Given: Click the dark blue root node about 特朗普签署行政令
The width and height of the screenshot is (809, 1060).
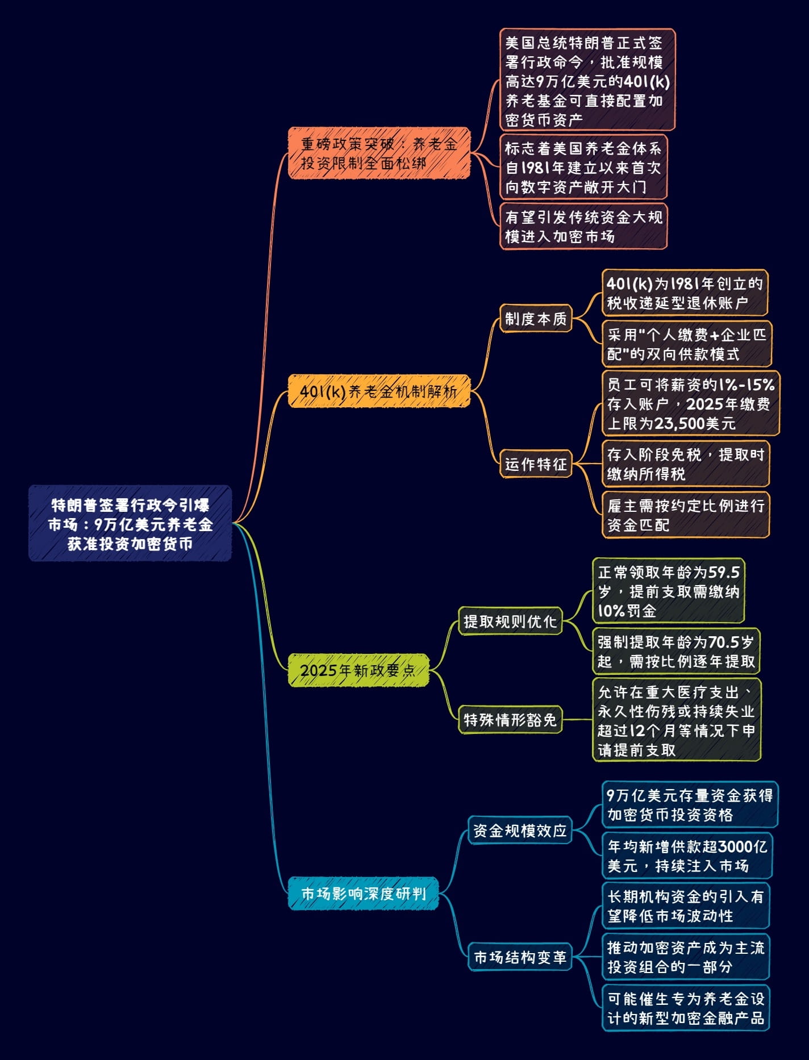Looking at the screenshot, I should (130, 523).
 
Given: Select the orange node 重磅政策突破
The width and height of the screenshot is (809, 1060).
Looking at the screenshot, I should (379, 153).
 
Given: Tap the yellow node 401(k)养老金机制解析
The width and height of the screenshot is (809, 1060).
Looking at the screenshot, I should (379, 391).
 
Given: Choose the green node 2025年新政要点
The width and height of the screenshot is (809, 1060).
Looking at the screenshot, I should (358, 670).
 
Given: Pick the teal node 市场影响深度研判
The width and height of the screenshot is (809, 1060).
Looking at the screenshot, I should (364, 894).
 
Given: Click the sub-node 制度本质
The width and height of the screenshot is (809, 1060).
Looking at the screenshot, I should (536, 319).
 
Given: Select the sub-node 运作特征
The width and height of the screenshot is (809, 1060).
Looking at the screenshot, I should (536, 464).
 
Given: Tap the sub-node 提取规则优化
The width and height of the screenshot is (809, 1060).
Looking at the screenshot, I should (510, 621).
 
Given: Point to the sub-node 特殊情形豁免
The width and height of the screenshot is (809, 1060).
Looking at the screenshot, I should (510, 720).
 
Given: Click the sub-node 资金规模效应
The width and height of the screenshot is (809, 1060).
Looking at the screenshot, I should (519, 831).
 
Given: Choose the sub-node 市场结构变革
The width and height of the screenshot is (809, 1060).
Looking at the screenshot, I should (519, 957).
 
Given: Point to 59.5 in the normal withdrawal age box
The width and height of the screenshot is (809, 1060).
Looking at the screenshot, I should (724, 572).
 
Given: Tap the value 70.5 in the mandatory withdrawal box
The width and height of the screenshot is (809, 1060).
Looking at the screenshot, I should (724, 642).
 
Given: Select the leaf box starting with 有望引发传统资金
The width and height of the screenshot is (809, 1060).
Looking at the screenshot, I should (583, 226).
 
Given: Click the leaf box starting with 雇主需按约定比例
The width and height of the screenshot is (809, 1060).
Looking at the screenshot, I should (686, 515).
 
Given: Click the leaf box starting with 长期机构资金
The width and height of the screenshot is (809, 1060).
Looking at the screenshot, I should (686, 905).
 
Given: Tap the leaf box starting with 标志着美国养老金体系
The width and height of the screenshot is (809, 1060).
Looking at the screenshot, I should (583, 167).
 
